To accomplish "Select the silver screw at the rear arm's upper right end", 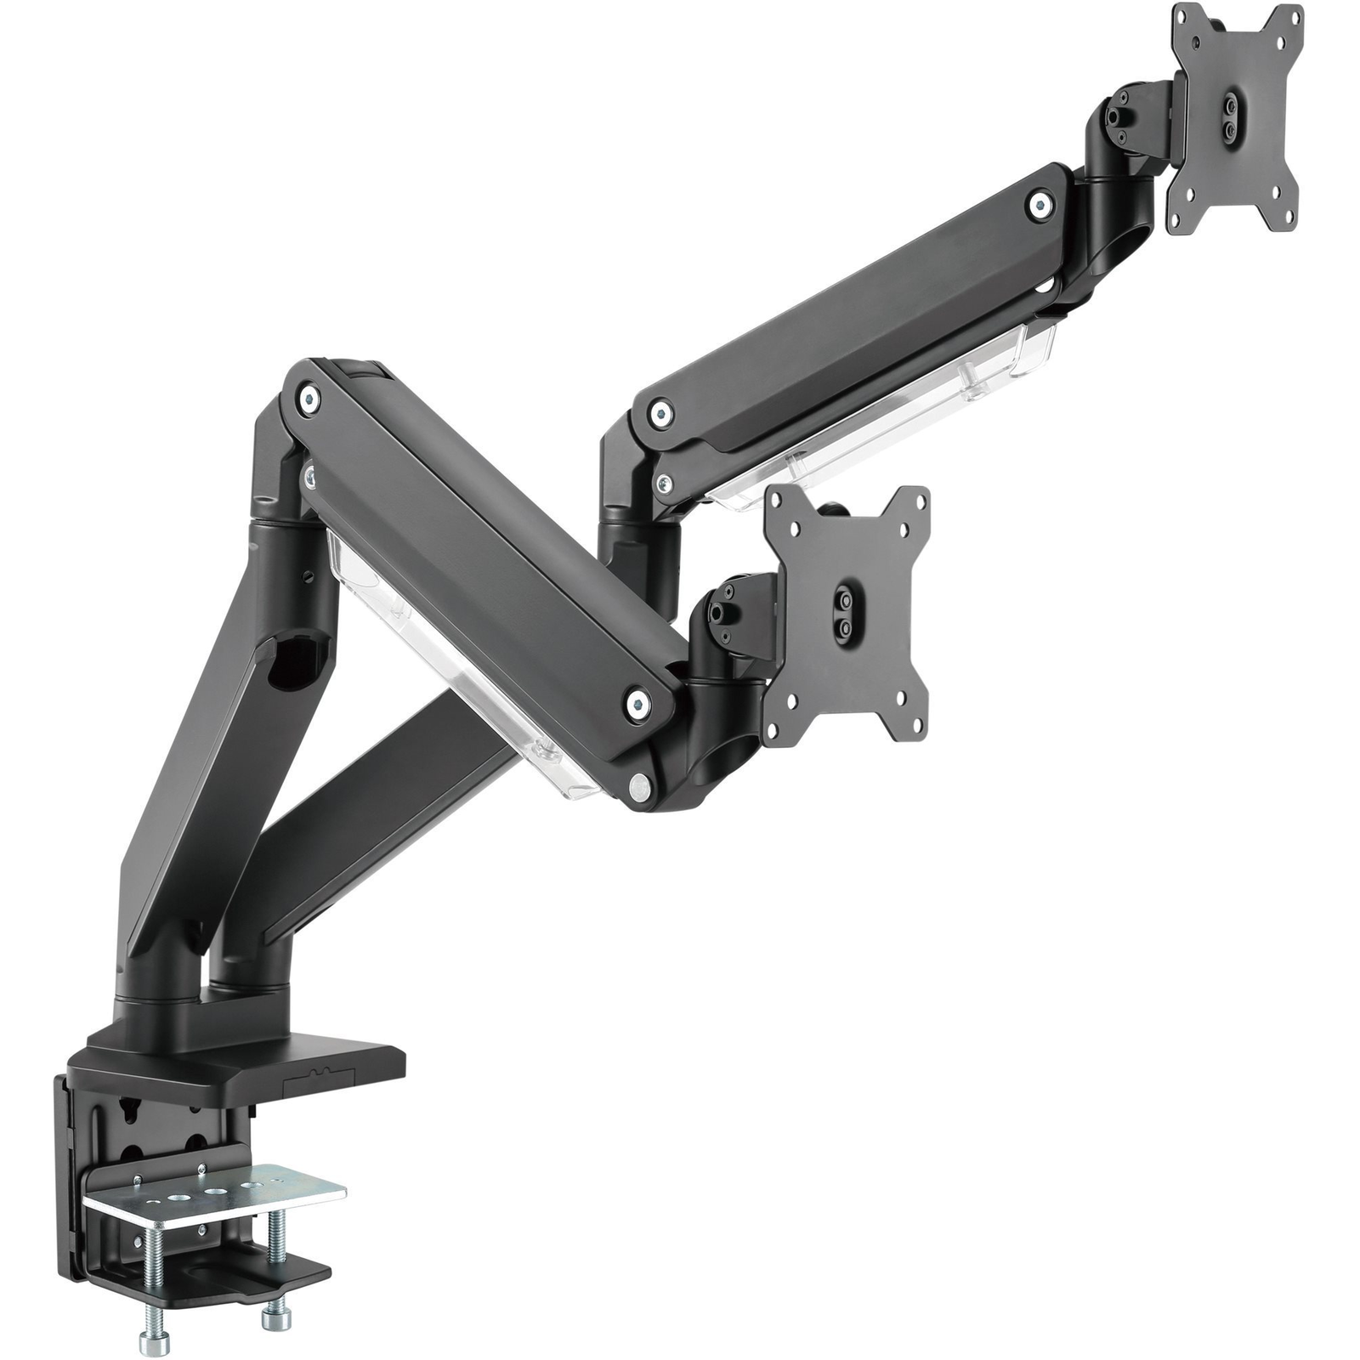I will click(1040, 204).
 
